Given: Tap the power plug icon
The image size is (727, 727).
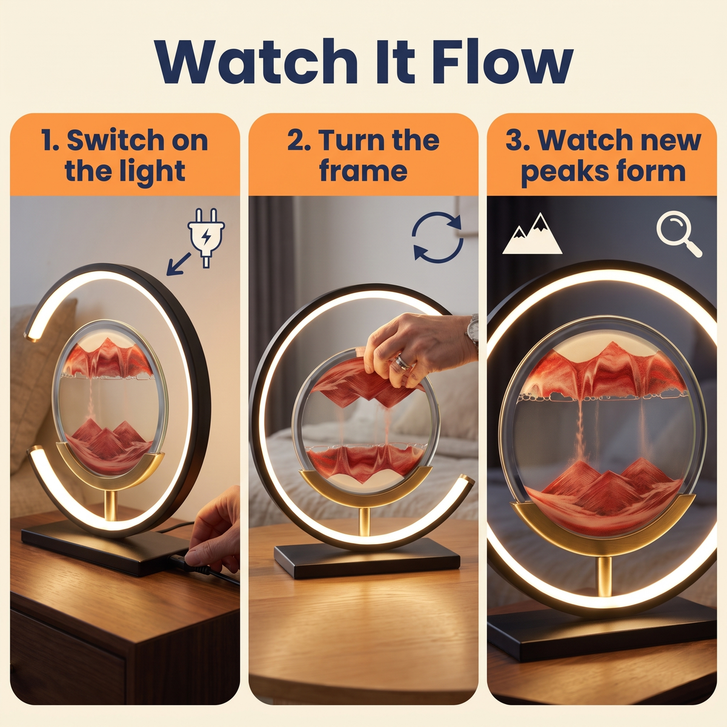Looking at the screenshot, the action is [206, 237].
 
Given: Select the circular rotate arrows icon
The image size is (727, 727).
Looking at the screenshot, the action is [437, 237].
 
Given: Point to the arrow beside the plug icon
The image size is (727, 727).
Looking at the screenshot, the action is [179, 264].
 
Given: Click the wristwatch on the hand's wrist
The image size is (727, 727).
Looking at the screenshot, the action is [473, 332].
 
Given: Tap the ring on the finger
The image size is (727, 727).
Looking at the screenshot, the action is [402, 362].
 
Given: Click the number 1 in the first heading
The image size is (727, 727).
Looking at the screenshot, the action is [48, 141].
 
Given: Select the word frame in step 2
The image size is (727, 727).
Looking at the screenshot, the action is [363, 171].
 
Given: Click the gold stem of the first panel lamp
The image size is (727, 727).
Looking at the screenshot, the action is [110, 505].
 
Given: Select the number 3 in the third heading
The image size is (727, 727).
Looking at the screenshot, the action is [514, 141].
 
